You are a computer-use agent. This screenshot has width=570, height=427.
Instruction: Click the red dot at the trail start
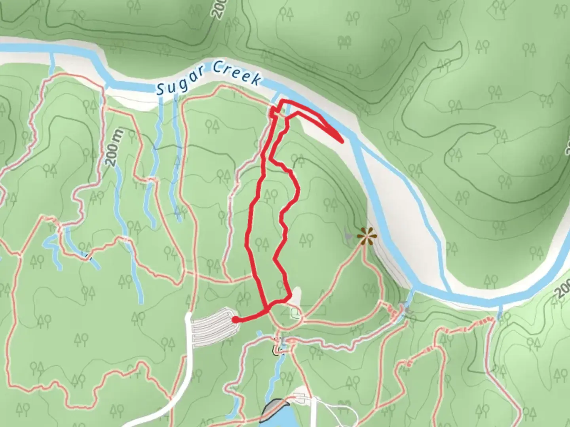235,319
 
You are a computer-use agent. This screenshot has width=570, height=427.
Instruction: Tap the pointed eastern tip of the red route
341,140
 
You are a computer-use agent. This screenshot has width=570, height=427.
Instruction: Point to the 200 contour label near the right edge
563,288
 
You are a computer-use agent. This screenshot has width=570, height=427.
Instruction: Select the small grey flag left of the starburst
348,236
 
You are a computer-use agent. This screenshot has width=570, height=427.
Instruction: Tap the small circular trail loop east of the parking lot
296,314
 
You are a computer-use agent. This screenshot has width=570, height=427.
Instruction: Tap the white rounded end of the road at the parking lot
188,316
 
